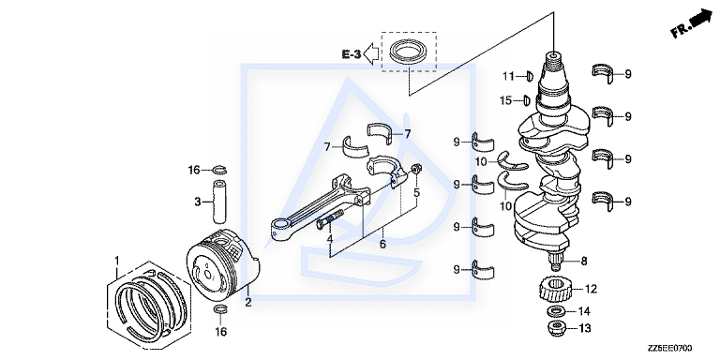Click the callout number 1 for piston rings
(116, 261)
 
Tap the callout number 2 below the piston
(248, 302)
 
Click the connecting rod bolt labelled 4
(330, 219)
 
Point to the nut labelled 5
(416, 170)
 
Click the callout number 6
(382, 244)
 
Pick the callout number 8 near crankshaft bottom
(584, 262)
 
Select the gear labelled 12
(555, 290)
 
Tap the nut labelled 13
(556, 328)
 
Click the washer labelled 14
(556, 312)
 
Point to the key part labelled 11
(529, 76)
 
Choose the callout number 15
(505, 100)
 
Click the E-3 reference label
(352, 54)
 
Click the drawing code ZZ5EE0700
(669, 349)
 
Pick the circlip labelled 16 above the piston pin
(219, 171)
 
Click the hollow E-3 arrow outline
(371, 54)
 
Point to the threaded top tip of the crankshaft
(553, 56)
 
